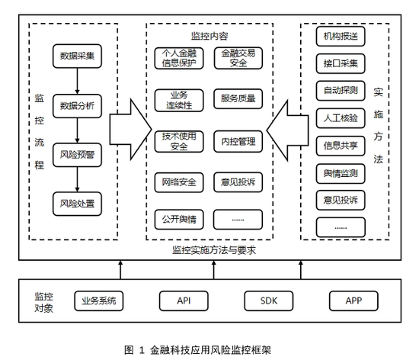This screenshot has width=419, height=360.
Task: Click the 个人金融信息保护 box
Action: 180,58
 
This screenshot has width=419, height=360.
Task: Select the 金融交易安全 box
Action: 238,58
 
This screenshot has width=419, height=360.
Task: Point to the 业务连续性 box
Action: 180,99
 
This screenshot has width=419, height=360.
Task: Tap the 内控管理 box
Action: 238,141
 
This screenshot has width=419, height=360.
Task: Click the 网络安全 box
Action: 180,182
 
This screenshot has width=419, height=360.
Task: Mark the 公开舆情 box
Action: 180,220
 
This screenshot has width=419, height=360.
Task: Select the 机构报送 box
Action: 341,36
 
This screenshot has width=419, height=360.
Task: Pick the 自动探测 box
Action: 341,90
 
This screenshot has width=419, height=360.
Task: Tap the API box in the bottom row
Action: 184,301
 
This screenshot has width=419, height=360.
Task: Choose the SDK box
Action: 268,301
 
